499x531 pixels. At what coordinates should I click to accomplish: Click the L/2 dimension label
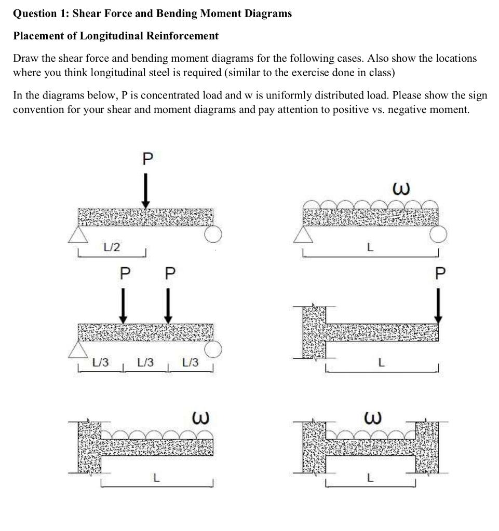(x=112, y=247)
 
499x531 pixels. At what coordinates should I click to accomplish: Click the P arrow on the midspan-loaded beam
(x=146, y=190)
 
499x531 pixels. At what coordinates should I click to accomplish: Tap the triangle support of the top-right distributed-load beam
(x=304, y=235)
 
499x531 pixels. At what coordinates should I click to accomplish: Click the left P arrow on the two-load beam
(x=123, y=305)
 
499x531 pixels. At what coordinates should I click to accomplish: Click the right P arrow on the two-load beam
(x=168, y=305)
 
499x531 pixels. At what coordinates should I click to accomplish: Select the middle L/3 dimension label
(x=145, y=362)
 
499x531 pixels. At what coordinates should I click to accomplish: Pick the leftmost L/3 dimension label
(x=100, y=362)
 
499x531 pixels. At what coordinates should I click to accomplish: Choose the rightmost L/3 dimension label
(x=191, y=362)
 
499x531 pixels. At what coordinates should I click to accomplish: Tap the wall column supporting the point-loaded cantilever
(x=314, y=332)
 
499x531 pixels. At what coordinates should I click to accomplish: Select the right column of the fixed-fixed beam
(x=426, y=447)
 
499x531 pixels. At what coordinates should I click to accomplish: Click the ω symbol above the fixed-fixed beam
(x=373, y=417)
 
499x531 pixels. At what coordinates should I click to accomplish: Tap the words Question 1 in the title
(x=39, y=14)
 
